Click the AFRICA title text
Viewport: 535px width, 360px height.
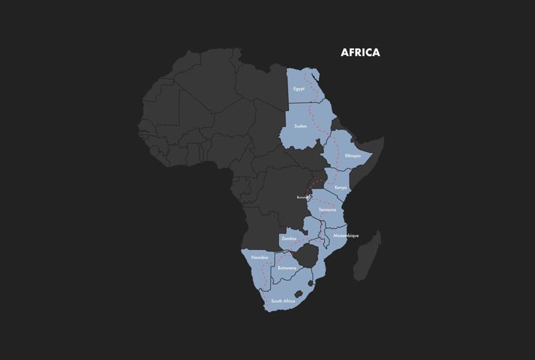point(360,53)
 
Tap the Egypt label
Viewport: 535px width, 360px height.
point(299,89)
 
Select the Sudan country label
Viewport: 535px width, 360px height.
point(300,126)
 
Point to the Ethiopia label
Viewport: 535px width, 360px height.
point(352,156)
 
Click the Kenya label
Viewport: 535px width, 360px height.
point(340,187)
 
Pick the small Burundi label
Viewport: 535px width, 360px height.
point(304,198)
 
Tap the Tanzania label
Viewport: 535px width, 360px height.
point(327,210)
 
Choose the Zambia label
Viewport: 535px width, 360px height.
point(290,238)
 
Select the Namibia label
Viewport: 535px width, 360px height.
point(259,258)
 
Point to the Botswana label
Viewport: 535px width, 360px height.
point(287,268)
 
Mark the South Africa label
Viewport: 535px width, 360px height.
point(283,301)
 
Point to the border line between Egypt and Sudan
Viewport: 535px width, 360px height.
point(311,104)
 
